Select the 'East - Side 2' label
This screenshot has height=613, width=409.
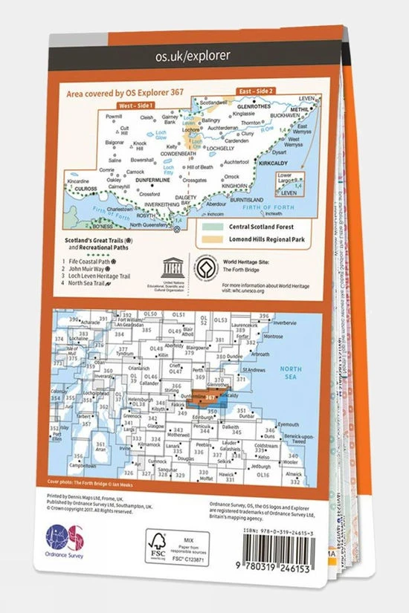257,91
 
